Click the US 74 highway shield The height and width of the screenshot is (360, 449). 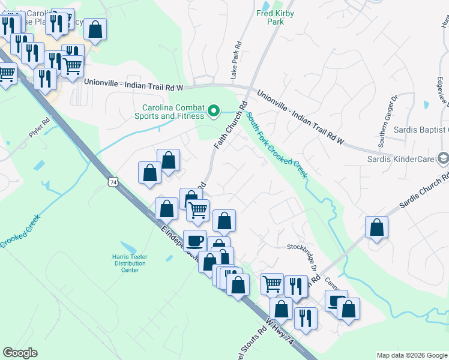click(113, 181)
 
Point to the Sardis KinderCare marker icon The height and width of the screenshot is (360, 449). click(443, 158)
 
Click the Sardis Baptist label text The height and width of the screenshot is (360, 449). click(420, 130)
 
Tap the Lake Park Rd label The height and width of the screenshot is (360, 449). click(238, 60)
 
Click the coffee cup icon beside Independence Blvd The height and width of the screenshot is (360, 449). click(194, 240)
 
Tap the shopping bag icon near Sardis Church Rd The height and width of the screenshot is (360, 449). click(376, 227)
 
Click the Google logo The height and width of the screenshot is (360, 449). click(20, 353)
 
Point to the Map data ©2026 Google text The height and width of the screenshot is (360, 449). click(411, 355)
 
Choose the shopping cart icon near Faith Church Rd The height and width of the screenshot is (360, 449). click(197, 209)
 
